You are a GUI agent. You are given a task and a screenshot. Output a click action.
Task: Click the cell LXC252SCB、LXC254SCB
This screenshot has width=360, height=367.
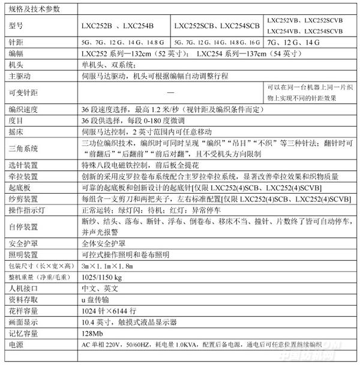(x=216, y=26)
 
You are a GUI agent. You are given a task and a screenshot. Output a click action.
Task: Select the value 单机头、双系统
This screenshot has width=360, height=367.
(x=108, y=65)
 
